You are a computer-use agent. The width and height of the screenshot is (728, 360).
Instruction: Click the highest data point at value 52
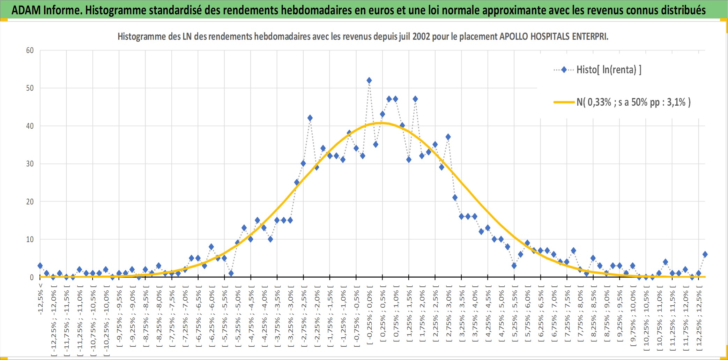point(369,81)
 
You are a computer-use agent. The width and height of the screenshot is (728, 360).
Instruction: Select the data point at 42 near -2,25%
point(310,118)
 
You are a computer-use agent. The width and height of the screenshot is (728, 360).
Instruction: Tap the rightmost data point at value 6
point(705,254)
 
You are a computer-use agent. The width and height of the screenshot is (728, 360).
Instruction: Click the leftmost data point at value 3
point(40,266)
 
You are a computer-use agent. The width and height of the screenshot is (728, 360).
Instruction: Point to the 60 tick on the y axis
point(30,50)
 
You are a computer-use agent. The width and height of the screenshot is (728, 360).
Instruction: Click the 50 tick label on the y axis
point(30,88)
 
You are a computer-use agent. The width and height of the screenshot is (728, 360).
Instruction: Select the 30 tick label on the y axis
point(30,164)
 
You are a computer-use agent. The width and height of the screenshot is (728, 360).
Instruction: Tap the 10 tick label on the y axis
point(30,239)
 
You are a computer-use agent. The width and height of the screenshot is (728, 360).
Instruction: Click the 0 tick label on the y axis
point(32,277)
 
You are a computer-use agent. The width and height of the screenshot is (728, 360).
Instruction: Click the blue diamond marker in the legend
point(564,70)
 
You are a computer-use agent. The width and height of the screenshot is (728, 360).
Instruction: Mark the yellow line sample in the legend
point(564,102)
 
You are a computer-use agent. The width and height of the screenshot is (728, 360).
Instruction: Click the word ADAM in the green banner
point(26,10)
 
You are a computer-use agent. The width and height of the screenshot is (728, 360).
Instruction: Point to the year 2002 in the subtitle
point(421,36)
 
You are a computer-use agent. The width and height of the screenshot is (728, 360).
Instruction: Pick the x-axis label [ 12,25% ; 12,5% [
point(699,318)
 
